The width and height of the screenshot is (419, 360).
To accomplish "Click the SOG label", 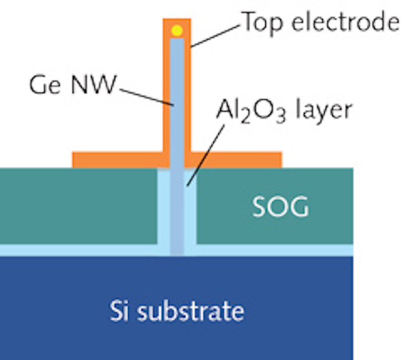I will click(280, 206).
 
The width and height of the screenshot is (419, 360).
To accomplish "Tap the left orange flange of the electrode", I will click(116, 159).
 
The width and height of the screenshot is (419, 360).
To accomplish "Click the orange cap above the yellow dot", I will click(177, 22).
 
